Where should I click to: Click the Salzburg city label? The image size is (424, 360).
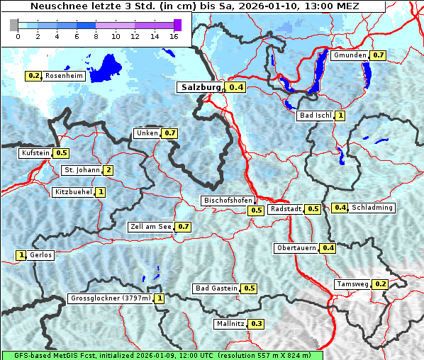[x=200, y=87]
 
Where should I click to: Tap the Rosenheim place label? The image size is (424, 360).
[x=64, y=75]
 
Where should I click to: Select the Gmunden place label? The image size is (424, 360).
[x=350, y=55]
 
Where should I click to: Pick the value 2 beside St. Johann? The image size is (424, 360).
[x=108, y=170]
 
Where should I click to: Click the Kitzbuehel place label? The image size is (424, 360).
[x=73, y=192]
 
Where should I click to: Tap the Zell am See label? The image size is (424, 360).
[x=151, y=227]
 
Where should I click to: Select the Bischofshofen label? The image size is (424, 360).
[x=228, y=201]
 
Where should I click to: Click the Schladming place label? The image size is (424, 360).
[x=372, y=208]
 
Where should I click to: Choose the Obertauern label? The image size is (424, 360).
[x=297, y=248]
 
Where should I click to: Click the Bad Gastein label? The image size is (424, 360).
[x=217, y=288]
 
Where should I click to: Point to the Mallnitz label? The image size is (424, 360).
[x=230, y=324]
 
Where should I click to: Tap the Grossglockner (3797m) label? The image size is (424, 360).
[x=111, y=298]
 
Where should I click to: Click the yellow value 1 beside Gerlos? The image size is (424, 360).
[x=21, y=255]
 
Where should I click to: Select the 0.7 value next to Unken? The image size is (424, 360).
[x=169, y=133]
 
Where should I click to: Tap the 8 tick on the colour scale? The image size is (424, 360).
[x=96, y=35]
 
